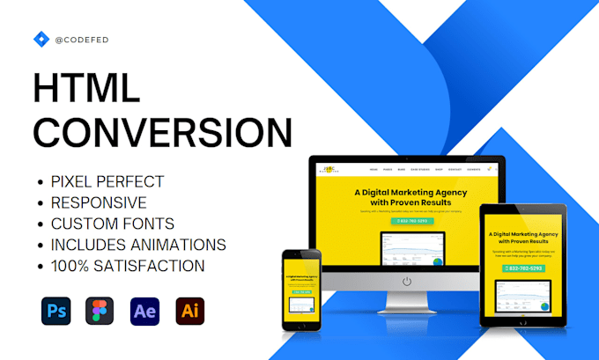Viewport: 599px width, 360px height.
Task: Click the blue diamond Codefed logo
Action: [41, 39]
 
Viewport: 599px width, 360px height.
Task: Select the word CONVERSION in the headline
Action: [162, 133]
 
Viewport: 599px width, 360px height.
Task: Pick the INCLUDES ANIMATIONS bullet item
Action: [138, 244]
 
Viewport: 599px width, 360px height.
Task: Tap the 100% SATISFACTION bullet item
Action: [128, 265]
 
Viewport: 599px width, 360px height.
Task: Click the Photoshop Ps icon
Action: [55, 312]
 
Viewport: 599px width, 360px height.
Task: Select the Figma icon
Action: [100, 312]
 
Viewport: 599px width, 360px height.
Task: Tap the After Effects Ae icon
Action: [144, 312]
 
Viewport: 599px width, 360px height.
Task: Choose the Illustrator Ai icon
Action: [189, 312]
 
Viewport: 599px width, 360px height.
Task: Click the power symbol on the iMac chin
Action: [406, 282]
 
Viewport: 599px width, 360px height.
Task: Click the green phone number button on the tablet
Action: [524, 268]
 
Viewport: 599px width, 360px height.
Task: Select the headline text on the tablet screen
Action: [524, 239]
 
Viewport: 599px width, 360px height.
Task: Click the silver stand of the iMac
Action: [406, 305]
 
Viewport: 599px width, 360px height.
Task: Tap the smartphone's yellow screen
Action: [301, 291]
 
